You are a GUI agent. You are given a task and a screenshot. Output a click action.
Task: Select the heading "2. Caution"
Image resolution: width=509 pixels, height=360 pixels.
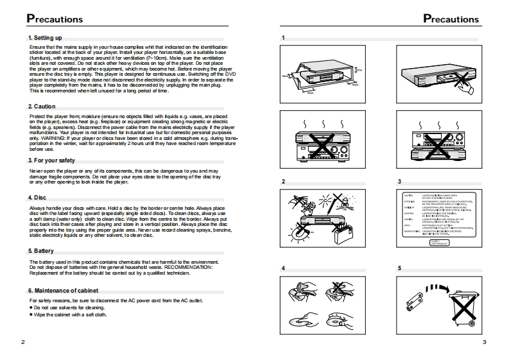(x=42, y=106)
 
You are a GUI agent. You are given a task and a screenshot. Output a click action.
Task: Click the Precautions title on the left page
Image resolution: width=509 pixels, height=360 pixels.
(x=55, y=19)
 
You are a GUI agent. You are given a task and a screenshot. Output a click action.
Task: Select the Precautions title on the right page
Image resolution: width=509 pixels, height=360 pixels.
(x=451, y=19)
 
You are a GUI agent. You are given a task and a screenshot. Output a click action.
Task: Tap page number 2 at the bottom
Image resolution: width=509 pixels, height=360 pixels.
(x=23, y=342)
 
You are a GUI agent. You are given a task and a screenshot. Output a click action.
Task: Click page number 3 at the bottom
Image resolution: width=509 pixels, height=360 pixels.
(x=485, y=342)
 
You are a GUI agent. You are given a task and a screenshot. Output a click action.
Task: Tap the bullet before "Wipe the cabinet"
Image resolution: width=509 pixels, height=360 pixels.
(x=31, y=314)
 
